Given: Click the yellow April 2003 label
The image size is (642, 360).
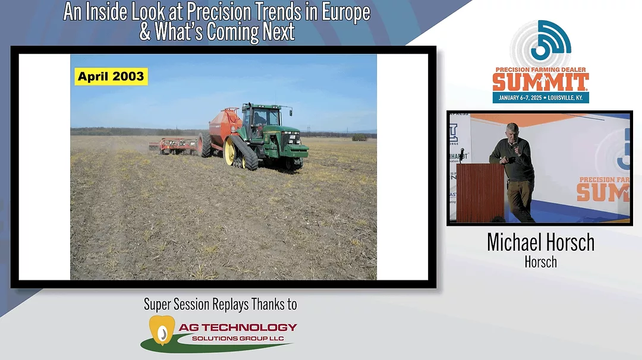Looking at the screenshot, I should pyautogui.click(x=111, y=77).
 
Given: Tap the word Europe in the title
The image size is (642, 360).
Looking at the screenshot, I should pyautogui.click(x=345, y=12).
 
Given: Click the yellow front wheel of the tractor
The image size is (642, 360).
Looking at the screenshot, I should pyautogui.click(x=229, y=152).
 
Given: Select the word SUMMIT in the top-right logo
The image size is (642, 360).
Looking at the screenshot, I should pyautogui.click(x=540, y=81).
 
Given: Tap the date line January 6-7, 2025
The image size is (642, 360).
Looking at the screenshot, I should pyautogui.click(x=540, y=97).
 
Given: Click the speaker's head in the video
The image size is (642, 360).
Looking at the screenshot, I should pyautogui.click(x=512, y=130).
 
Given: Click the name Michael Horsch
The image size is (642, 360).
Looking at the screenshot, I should pyautogui.click(x=540, y=242).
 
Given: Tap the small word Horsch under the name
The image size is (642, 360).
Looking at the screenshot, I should pyautogui.click(x=540, y=261).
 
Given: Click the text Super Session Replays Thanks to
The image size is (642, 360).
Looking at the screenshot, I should pyautogui.click(x=221, y=305).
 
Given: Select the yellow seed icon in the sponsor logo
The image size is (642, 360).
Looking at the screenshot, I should pyautogui.click(x=159, y=330).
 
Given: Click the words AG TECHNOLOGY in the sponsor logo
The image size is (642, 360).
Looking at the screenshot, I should pyautogui.click(x=244, y=327).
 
